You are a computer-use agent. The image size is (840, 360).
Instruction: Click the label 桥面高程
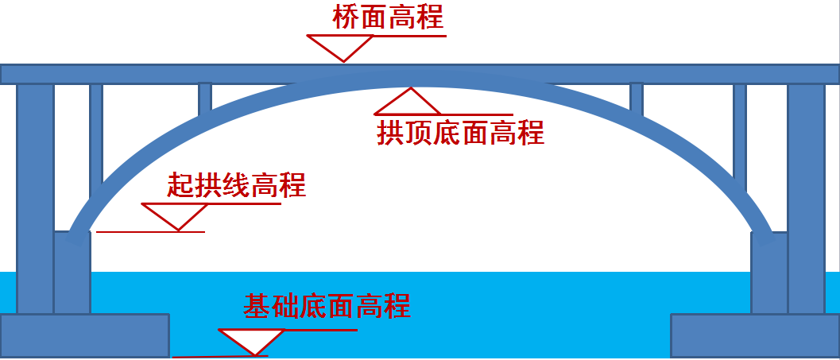389,17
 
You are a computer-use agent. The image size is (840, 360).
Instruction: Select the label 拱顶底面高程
461,133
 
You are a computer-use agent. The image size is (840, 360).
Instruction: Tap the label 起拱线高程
236,185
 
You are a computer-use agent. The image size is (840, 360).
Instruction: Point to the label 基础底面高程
327,306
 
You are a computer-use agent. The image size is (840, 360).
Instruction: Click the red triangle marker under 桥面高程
341,47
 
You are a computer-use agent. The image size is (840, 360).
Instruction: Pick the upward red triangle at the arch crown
408,103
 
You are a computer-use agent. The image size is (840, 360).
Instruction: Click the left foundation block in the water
85,335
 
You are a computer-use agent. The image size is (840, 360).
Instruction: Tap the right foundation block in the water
755,335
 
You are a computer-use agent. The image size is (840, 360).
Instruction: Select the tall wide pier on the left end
35,198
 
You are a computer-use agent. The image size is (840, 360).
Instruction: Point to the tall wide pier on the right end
806,198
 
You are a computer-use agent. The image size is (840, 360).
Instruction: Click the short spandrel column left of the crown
205,99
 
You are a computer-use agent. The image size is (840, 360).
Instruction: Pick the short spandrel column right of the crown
637,99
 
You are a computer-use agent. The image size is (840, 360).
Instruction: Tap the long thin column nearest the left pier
96,141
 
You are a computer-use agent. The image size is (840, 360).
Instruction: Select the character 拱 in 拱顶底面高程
390,133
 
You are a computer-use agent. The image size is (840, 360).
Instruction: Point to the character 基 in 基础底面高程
257,306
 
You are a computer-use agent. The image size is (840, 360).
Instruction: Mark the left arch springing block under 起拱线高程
72,272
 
